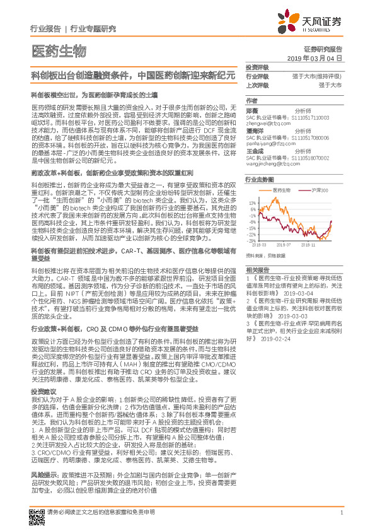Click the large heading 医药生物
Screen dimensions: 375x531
click(x=57, y=51)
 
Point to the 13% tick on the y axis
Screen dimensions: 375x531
click(x=252, y=202)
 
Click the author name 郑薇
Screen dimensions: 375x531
click(x=251, y=110)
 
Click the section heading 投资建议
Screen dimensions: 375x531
click(x=43, y=392)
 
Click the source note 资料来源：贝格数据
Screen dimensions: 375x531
click(x=265, y=255)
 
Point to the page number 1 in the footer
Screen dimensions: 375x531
click(x=341, y=513)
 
